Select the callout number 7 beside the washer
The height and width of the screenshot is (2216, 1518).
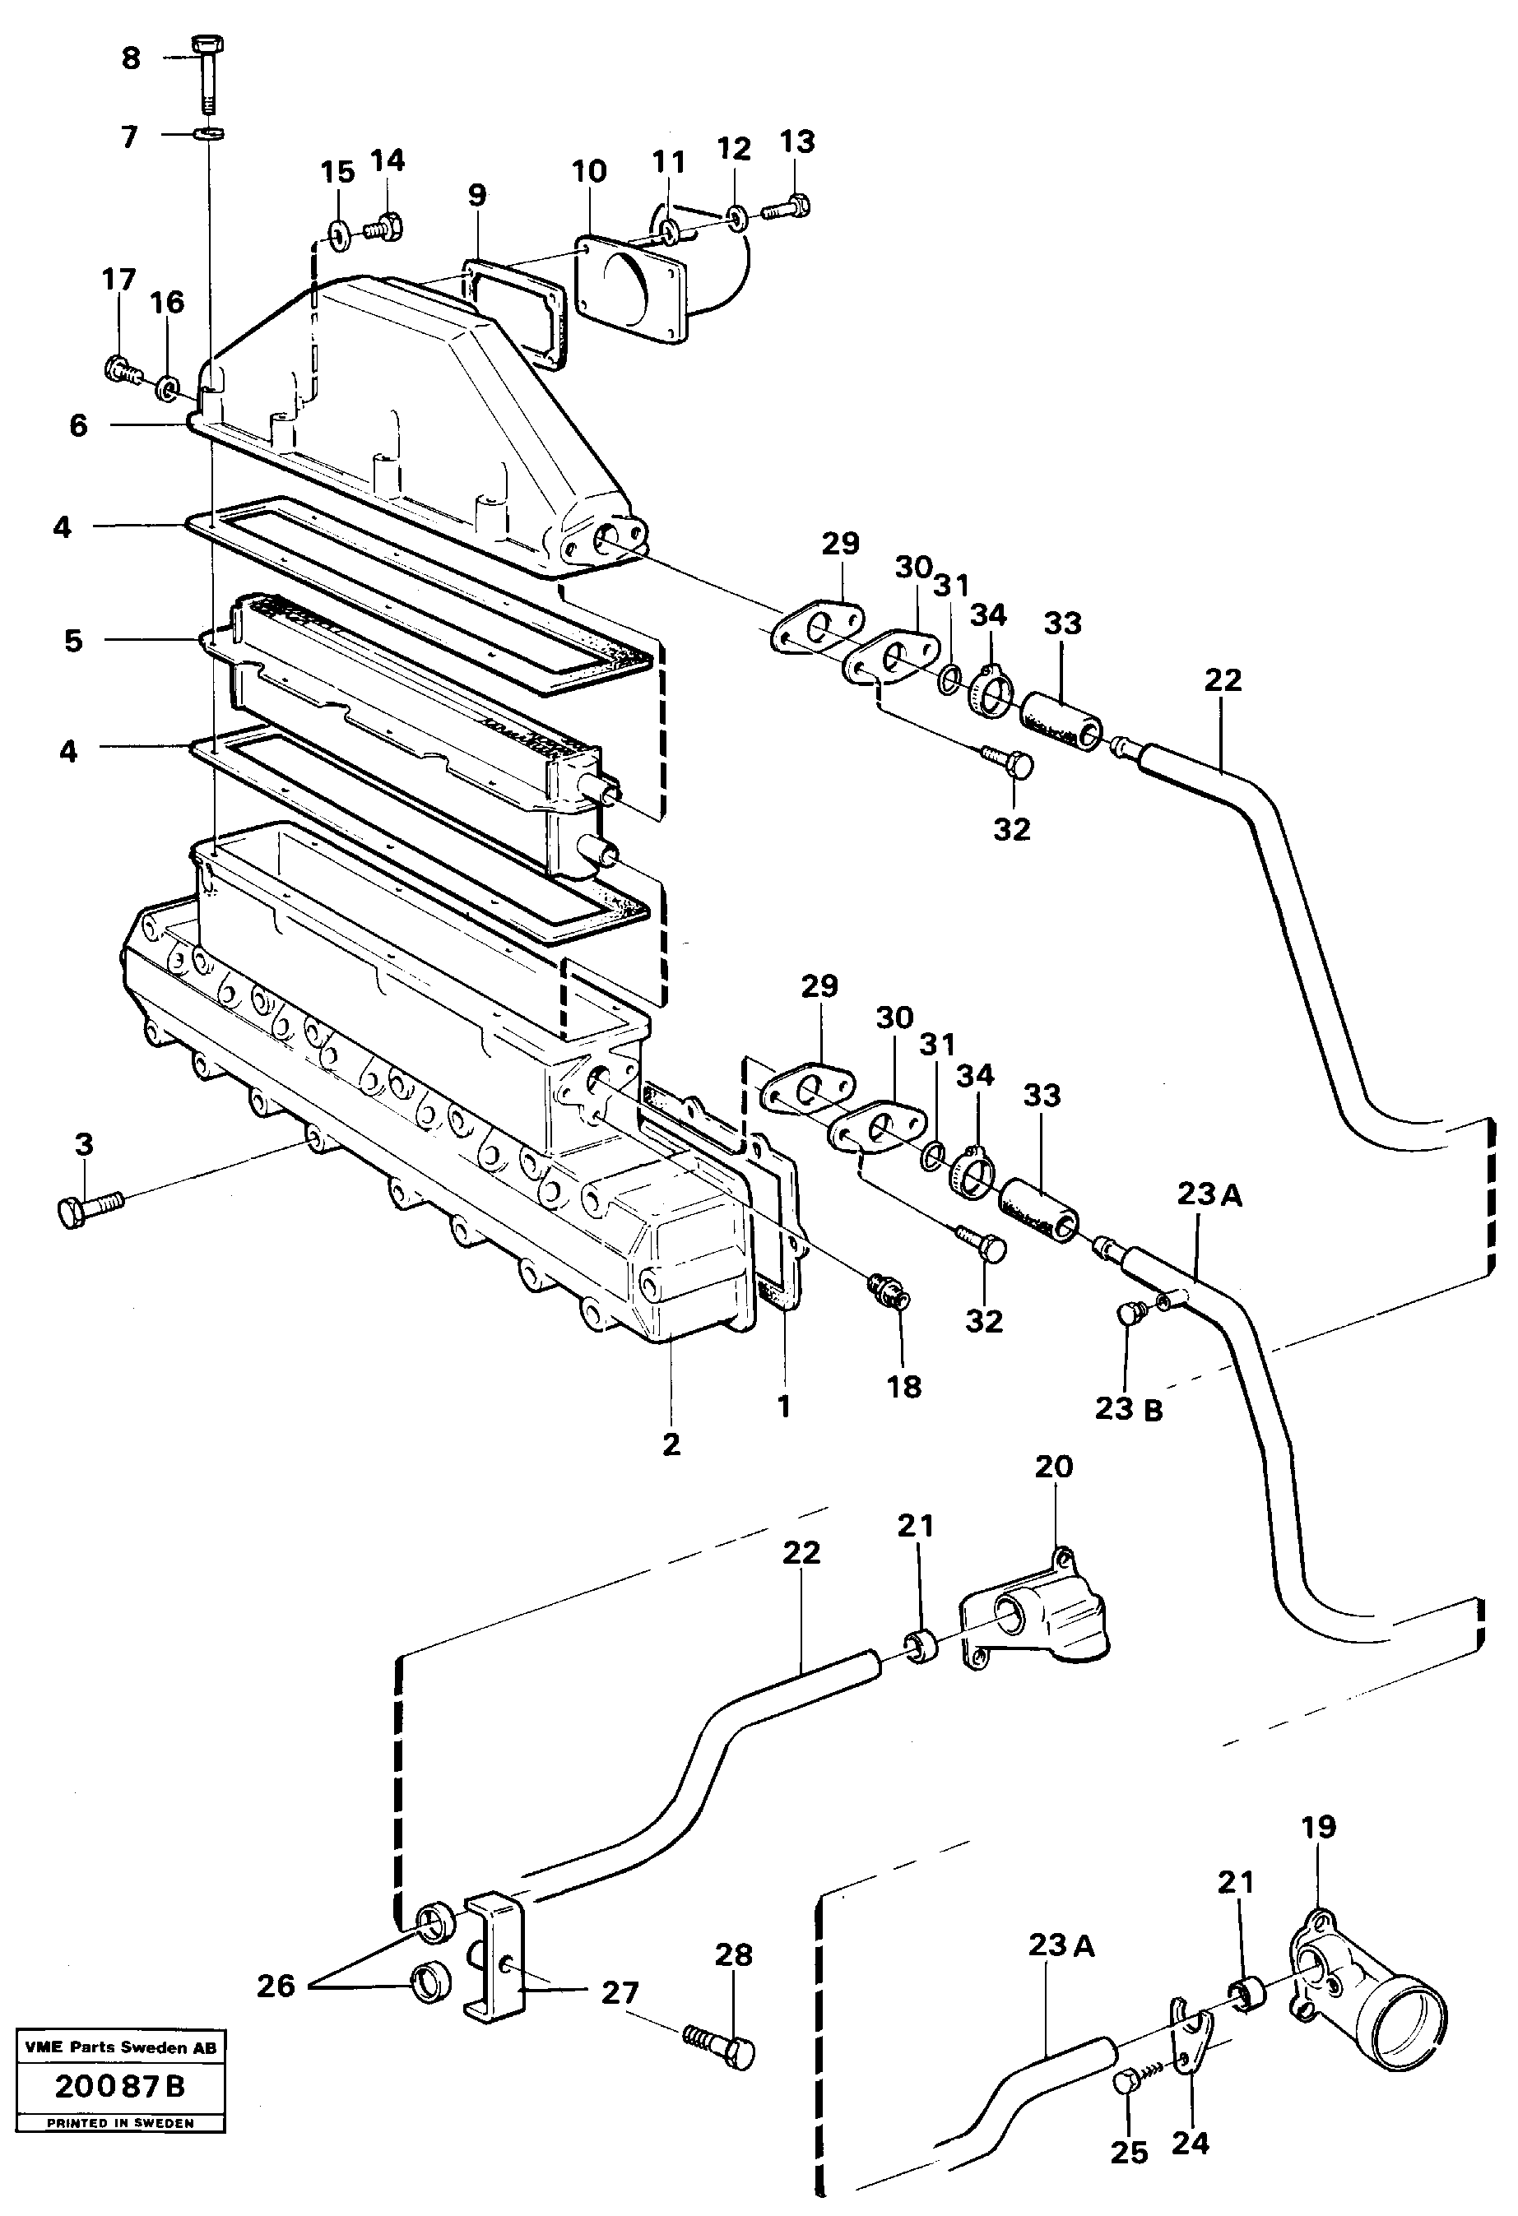point(130,137)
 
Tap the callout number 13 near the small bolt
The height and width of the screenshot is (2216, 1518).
point(797,142)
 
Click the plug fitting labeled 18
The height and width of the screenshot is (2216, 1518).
point(888,1292)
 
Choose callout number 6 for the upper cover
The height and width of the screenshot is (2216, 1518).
point(79,425)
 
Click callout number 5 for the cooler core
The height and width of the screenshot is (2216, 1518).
point(73,640)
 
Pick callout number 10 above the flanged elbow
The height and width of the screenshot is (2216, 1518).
point(589,172)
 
